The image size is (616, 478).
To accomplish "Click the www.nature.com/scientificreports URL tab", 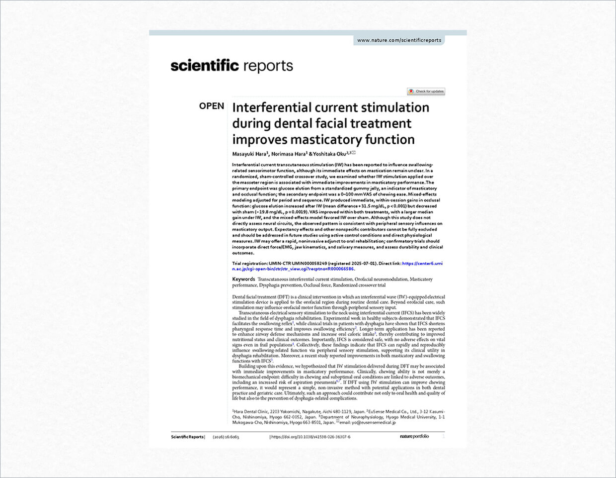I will pyautogui.click(x=399, y=40).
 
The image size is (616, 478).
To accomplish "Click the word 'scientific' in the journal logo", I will pyautogui.click(x=204, y=66).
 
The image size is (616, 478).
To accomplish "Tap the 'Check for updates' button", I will pyautogui.click(x=426, y=92).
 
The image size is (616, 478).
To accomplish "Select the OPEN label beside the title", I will pyautogui.click(x=212, y=106).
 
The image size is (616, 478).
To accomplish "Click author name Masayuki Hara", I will pyautogui.click(x=249, y=154).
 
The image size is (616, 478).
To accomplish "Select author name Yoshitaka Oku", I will pyautogui.click(x=330, y=154).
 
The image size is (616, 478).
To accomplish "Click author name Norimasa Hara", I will pyautogui.click(x=289, y=154).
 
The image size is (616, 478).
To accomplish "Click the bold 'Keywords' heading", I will pyautogui.click(x=243, y=280).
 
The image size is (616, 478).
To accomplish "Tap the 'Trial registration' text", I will pyautogui.click(x=249, y=264).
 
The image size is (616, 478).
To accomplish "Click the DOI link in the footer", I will pyautogui.click(x=310, y=437).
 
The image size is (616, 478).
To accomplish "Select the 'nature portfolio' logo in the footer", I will pyautogui.click(x=414, y=437).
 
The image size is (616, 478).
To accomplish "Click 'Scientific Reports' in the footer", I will pyautogui.click(x=187, y=437).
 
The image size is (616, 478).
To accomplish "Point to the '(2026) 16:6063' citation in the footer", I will pyautogui.click(x=226, y=437).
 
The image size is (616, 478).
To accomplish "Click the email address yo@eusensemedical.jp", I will pyautogui.click(x=374, y=422).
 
